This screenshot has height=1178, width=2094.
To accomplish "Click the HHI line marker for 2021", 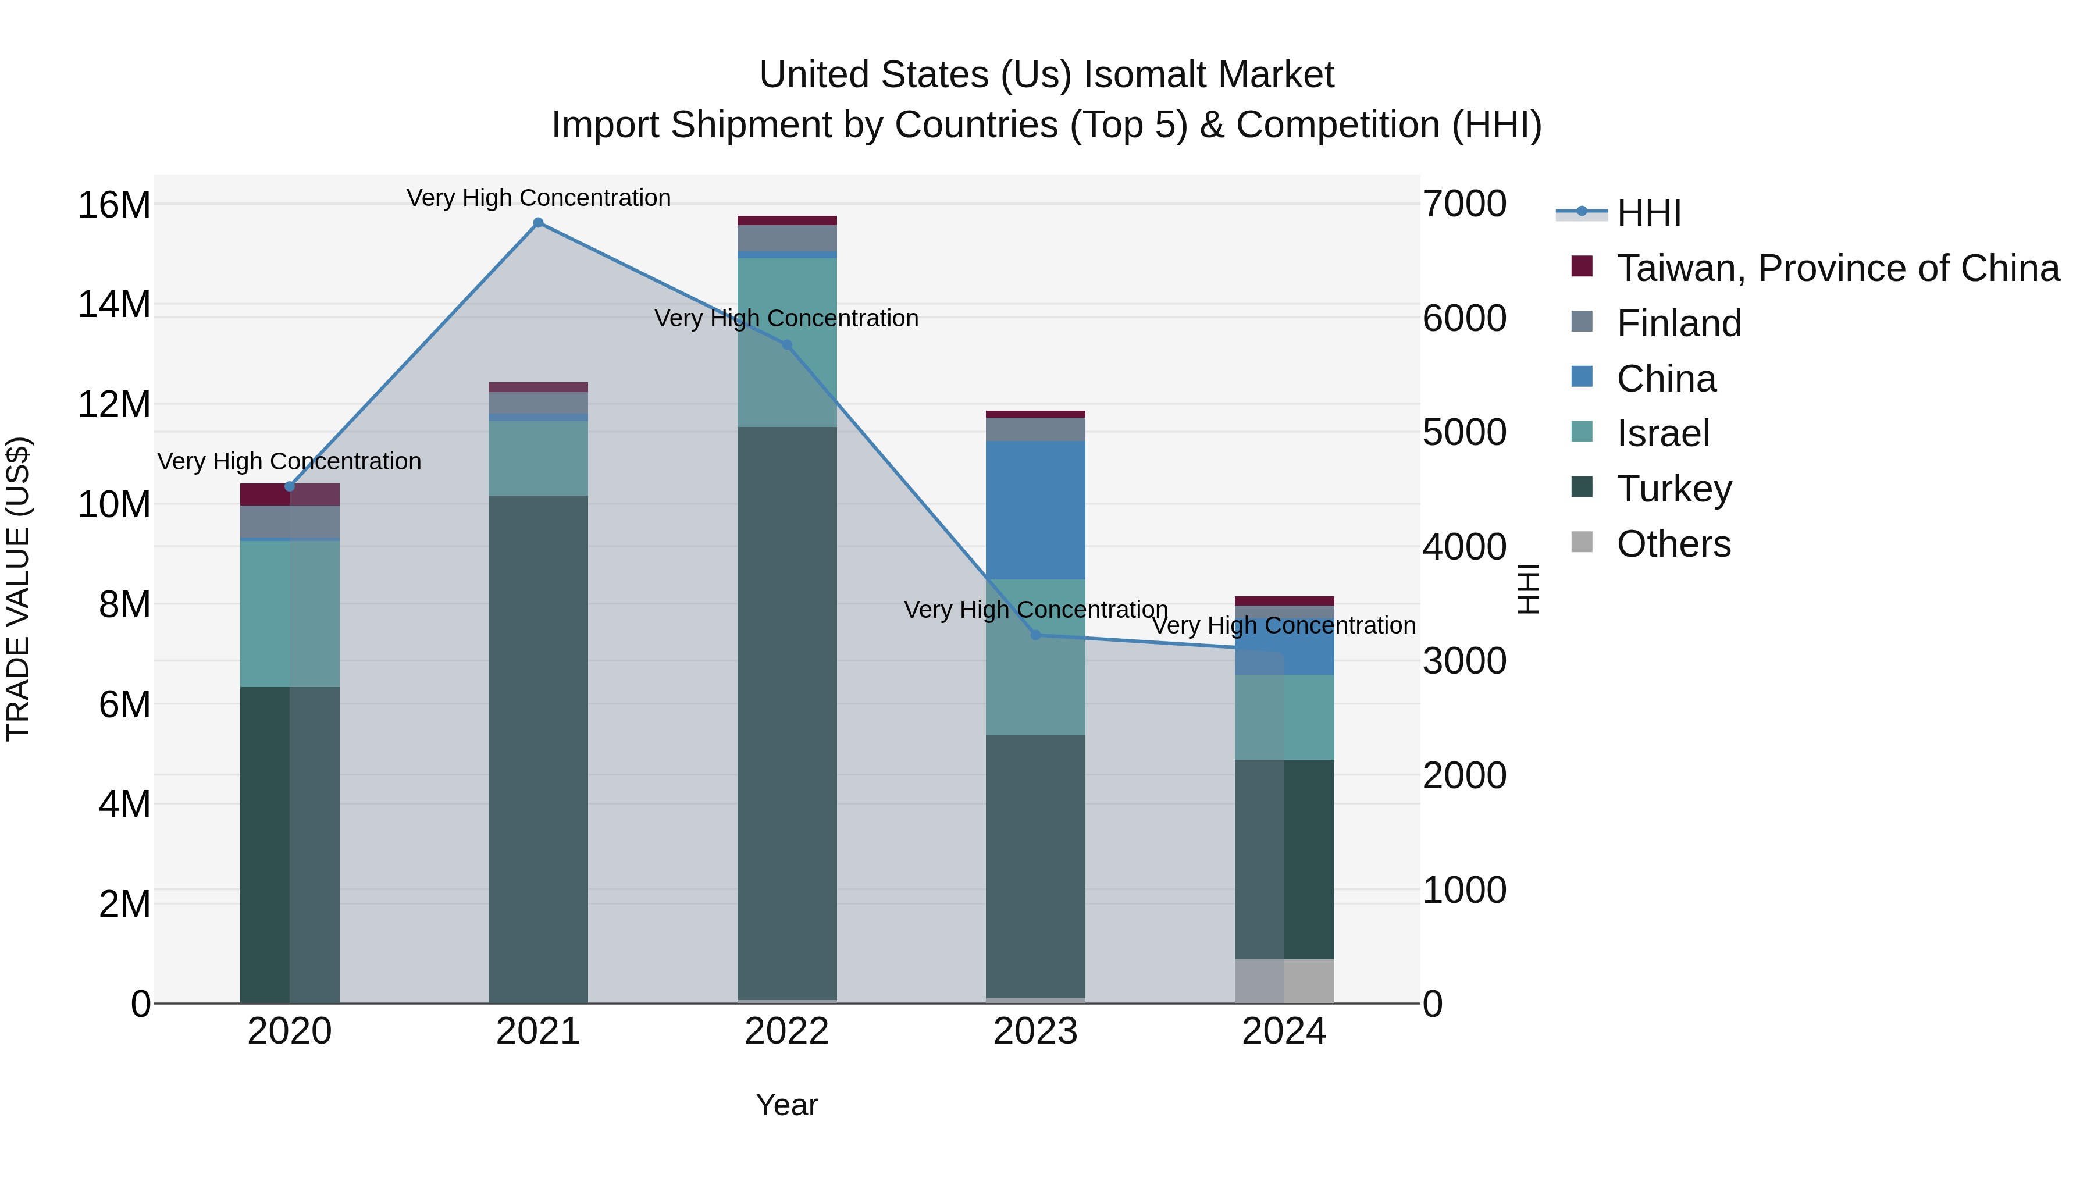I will click(x=538, y=223).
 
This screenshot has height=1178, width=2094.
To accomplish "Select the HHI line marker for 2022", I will click(x=787, y=345).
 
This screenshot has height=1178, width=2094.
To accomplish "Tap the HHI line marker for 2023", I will click(x=1035, y=635).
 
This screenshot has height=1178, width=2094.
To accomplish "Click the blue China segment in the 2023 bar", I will click(x=1035, y=510).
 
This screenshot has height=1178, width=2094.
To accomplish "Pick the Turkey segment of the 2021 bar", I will click(x=538, y=748).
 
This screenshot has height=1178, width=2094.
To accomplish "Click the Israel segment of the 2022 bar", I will click(x=787, y=342).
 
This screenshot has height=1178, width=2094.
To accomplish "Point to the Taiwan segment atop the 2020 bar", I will click(x=290, y=494).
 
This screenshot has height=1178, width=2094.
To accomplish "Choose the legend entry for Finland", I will click(x=1679, y=323).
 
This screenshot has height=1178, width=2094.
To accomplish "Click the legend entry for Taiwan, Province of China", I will click(x=1837, y=268).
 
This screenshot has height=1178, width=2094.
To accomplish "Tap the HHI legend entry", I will click(x=1648, y=213).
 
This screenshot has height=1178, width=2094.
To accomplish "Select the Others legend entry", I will click(x=1673, y=544).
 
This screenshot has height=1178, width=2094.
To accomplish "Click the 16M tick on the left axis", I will click(x=114, y=204).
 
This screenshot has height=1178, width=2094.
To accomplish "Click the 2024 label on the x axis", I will click(x=1284, y=1031).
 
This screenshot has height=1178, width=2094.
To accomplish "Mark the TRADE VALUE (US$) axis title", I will click(x=18, y=589).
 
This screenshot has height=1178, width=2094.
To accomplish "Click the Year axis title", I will click(x=787, y=1105).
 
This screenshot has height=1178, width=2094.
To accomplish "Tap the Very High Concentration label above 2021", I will click(x=538, y=198).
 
